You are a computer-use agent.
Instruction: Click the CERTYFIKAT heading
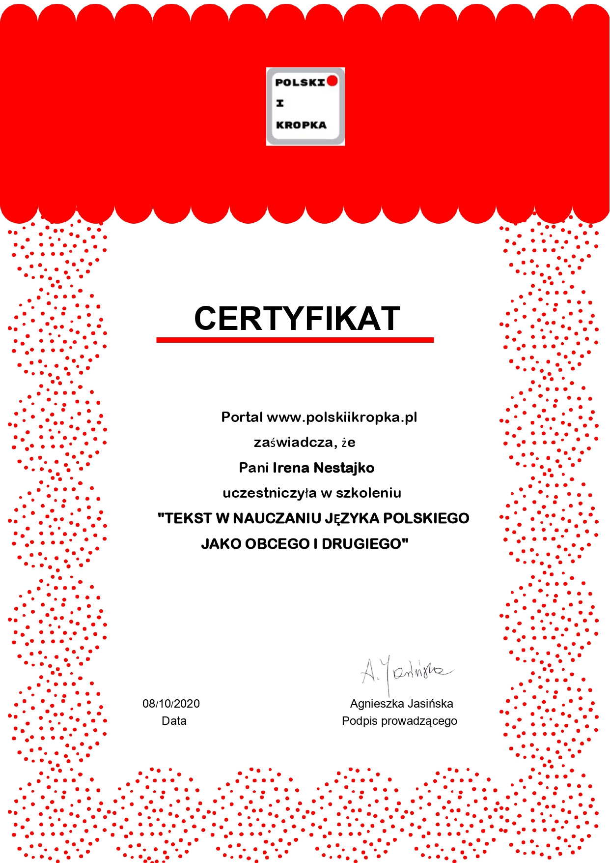[x=297, y=318]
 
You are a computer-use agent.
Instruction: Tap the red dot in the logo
[x=333, y=80]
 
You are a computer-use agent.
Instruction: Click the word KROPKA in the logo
[x=301, y=125]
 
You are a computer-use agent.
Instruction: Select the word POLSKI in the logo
[x=300, y=82]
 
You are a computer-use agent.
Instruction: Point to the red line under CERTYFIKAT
[x=295, y=340]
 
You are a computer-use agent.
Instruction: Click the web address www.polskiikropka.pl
[x=342, y=417]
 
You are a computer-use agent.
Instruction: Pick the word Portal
[x=242, y=417]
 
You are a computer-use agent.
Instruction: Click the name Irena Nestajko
[x=323, y=468]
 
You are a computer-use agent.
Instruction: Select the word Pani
[x=253, y=468]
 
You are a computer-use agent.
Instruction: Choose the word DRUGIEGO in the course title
[x=364, y=544]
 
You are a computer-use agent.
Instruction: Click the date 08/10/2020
[x=171, y=704]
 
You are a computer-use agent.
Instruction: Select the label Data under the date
[x=174, y=721]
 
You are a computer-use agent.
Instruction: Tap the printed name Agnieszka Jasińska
[x=401, y=704]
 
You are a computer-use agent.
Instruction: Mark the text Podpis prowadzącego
[x=399, y=721]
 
